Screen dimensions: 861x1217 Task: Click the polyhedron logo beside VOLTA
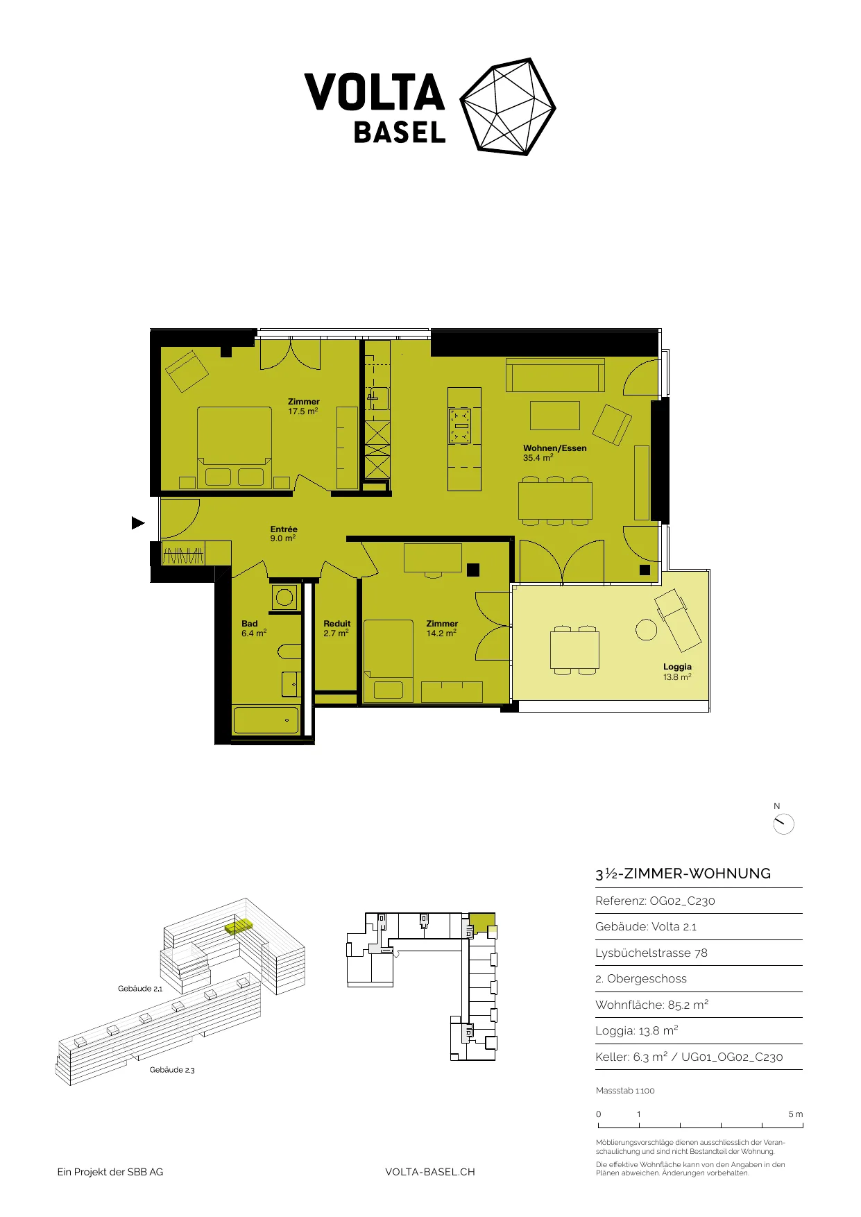(509, 106)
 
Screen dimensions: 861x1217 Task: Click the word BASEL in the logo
(400, 133)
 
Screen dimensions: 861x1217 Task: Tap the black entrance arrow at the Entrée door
(138, 523)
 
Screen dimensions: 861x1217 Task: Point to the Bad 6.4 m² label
(254, 629)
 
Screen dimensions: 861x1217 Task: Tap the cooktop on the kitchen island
(461, 425)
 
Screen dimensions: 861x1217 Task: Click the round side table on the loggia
(646, 629)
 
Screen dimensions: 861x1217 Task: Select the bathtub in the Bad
(266, 720)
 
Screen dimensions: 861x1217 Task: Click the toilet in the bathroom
(290, 652)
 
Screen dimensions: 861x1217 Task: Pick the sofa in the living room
(555, 375)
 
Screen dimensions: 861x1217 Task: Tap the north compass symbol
(783, 824)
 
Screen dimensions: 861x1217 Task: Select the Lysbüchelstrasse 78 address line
(651, 953)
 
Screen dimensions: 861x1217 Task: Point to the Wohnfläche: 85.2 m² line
(651, 1005)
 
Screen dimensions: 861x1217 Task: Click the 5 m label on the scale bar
(795, 1114)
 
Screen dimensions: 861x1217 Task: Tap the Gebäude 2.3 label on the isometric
(172, 1070)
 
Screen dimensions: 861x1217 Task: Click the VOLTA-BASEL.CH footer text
(430, 1172)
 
